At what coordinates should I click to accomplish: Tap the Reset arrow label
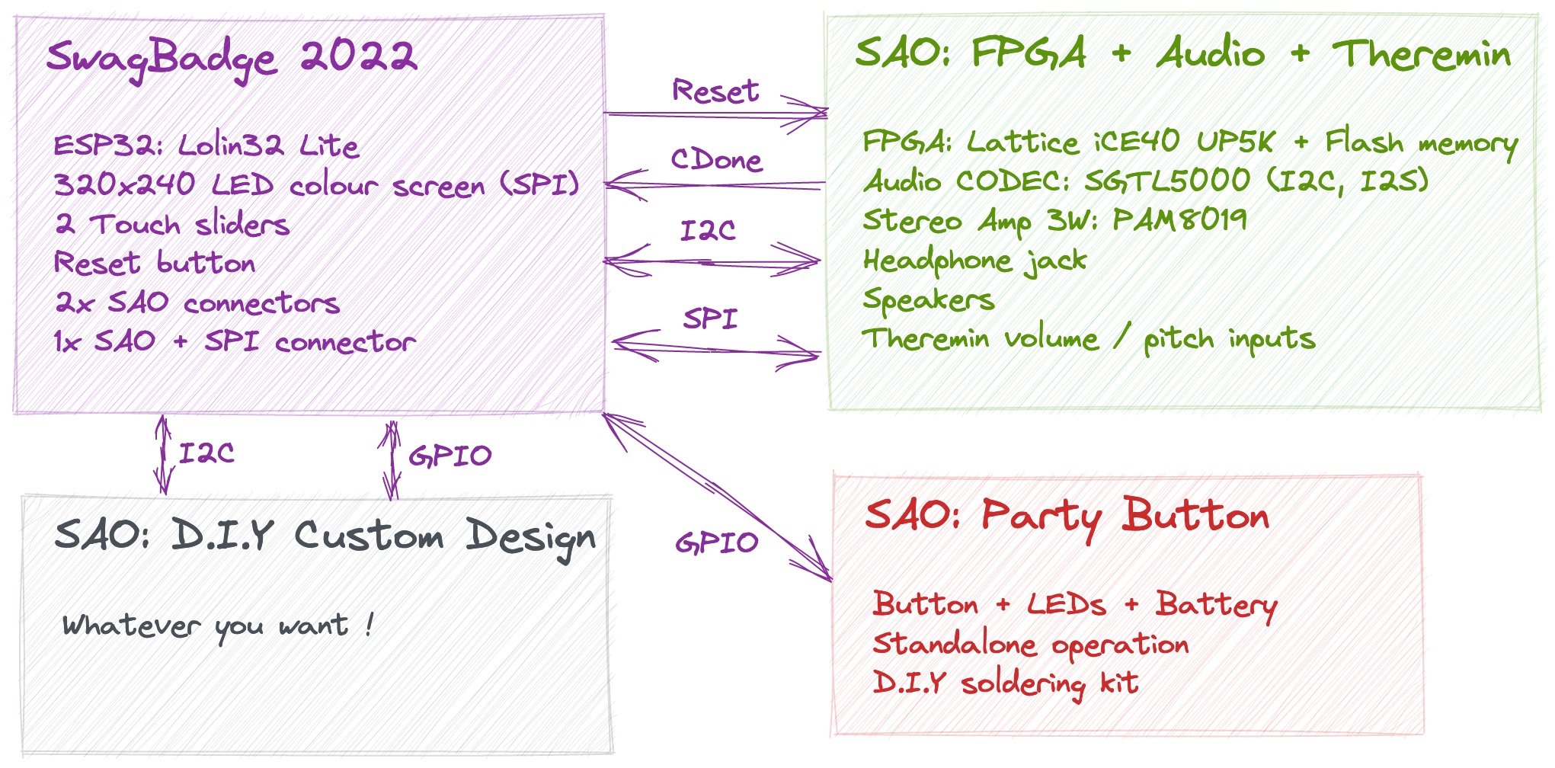pos(715,91)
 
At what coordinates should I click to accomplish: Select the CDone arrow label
pos(716,159)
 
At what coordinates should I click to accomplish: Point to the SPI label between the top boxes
pos(711,318)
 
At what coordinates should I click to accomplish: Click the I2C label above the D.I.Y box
pos(206,453)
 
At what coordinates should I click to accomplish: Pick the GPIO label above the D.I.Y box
pos(450,456)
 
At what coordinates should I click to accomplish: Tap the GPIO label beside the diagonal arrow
pos(717,542)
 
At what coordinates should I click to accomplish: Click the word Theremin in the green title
pos(1422,54)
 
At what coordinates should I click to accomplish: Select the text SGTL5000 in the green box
pos(1167,181)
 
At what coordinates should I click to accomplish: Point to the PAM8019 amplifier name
pos(1179,219)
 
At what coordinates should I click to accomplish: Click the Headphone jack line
pos(974,261)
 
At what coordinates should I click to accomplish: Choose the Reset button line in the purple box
pos(155,263)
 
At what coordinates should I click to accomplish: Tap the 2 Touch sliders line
pos(172,225)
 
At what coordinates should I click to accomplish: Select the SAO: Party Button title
pos(1067,517)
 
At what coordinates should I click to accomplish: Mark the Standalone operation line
pos(1031,645)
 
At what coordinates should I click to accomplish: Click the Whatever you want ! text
pos(218,626)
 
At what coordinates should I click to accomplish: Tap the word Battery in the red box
pos(1217,606)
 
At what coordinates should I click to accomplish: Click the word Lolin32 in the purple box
pos(231,145)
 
